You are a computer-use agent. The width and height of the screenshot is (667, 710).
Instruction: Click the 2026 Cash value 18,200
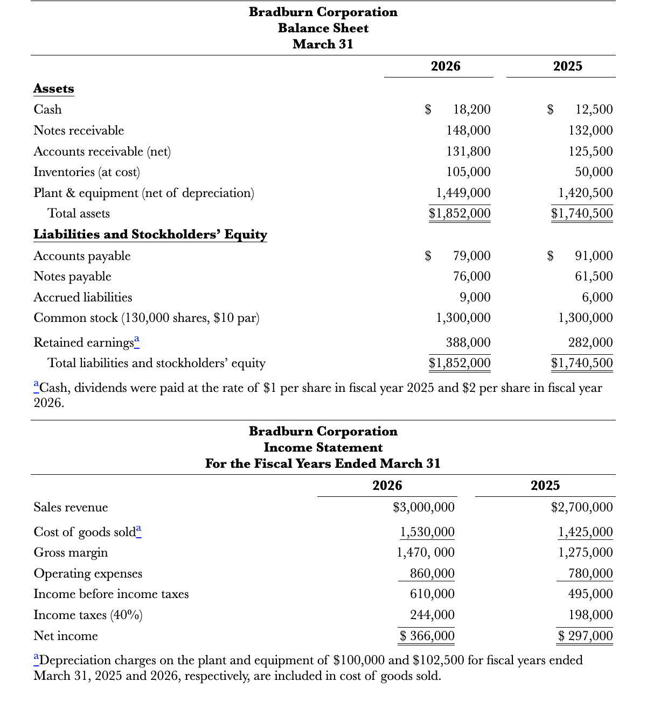click(471, 110)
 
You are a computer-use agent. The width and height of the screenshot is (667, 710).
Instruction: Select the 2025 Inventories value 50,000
click(594, 172)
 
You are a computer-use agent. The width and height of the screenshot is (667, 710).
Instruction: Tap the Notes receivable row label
click(79, 131)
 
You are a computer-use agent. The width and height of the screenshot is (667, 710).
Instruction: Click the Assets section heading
click(54, 89)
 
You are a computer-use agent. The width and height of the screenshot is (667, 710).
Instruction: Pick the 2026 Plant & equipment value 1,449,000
click(463, 193)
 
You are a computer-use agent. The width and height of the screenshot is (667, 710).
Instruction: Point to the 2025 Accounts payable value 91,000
click(594, 256)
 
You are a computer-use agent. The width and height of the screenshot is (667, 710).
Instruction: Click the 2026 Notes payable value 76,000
click(471, 277)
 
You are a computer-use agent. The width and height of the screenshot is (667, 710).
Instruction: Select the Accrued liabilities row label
click(82, 298)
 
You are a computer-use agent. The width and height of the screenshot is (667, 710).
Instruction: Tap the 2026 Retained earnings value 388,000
click(468, 343)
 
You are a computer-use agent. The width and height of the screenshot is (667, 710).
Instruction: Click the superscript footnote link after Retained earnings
click(137, 339)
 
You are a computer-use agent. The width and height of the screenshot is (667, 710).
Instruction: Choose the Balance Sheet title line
click(323, 29)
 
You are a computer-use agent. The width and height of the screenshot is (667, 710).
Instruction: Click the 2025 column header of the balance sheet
click(567, 66)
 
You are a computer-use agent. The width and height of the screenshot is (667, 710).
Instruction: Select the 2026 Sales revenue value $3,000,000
click(423, 508)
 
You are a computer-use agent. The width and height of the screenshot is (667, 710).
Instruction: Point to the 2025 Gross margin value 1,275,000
click(585, 553)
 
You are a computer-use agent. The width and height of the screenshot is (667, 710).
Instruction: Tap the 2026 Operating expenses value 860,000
click(432, 574)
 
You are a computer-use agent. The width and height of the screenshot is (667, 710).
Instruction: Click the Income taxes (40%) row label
click(88, 615)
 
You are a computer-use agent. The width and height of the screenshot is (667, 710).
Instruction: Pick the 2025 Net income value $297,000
click(585, 636)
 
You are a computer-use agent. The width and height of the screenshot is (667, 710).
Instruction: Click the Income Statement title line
click(323, 448)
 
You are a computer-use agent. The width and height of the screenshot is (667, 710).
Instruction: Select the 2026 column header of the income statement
click(387, 486)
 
